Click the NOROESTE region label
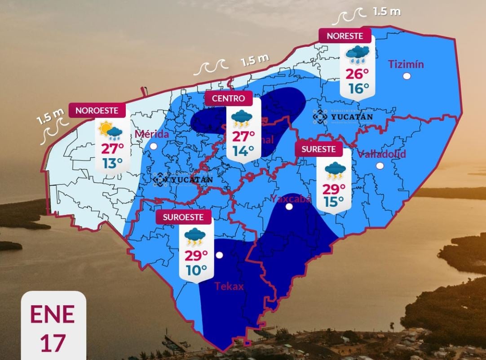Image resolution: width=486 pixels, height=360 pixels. pyautogui.click(x=97, y=110)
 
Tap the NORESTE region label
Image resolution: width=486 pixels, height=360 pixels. pyautogui.click(x=345, y=36)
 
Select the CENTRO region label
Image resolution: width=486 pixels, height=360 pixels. pyautogui.click(x=229, y=98)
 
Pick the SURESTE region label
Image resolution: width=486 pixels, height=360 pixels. pyautogui.click(x=318, y=149)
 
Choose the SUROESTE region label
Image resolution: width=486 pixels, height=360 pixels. pyautogui.click(x=186, y=218)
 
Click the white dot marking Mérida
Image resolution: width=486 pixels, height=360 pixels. pyautogui.click(x=154, y=146)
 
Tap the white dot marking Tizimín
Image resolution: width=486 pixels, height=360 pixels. pyautogui.click(x=406, y=76)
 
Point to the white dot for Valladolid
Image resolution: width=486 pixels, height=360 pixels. pyautogui.click(x=380, y=166)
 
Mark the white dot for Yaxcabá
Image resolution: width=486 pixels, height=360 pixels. pyautogui.click(x=289, y=207)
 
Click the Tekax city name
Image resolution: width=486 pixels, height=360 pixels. pyautogui.click(x=229, y=286)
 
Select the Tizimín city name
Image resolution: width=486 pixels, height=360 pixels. pyautogui.click(x=406, y=64)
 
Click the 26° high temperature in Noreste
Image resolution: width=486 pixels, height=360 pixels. pyautogui.click(x=357, y=74)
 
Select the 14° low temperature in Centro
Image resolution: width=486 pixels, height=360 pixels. pyautogui.click(x=243, y=151)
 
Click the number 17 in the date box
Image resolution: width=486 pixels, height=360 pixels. pyautogui.click(x=53, y=342)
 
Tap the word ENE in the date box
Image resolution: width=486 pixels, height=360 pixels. pyautogui.click(x=52, y=315)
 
